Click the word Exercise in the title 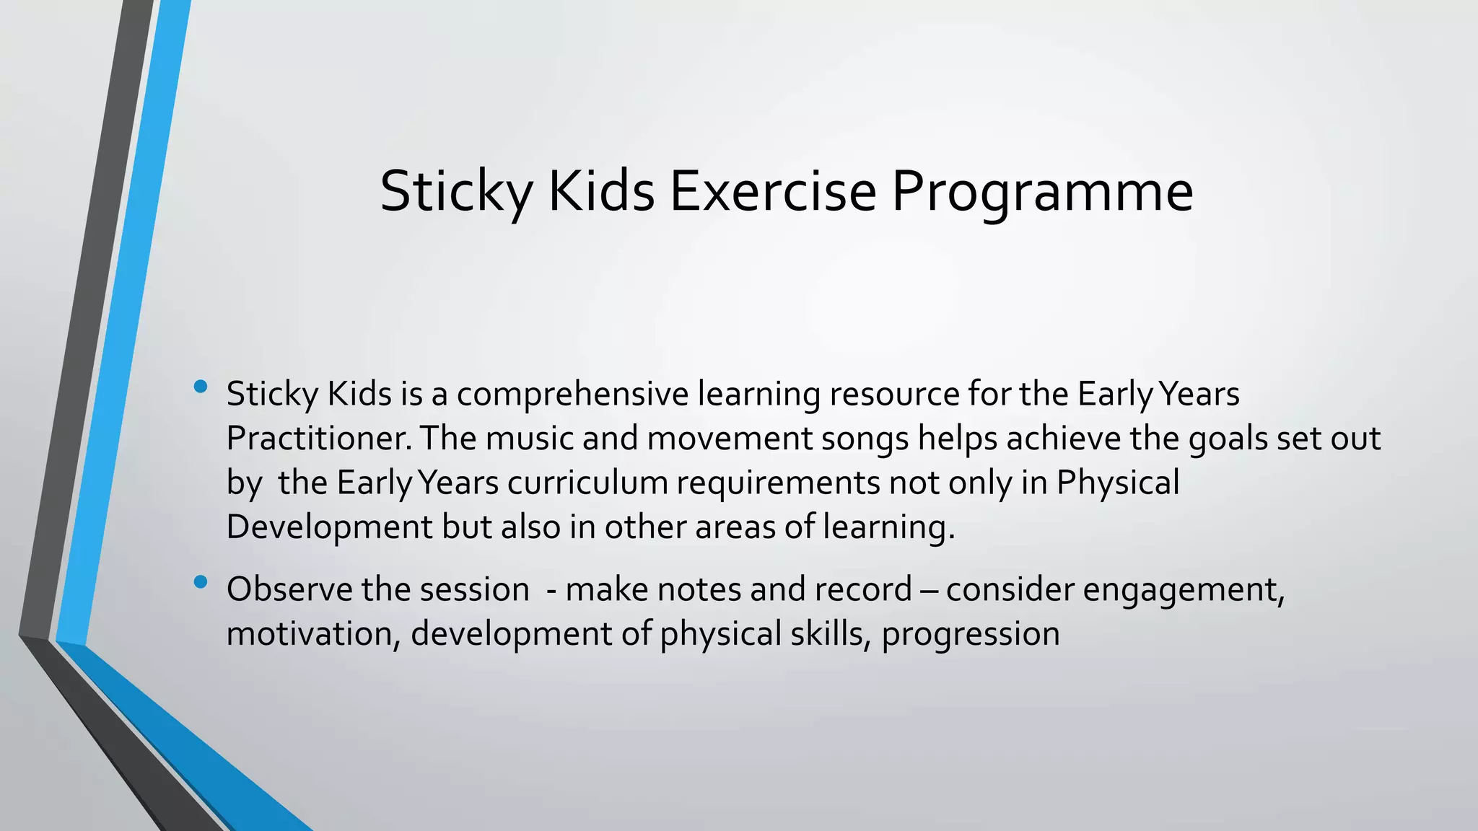(x=773, y=192)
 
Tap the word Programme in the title (x=1042, y=192)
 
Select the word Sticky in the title (x=456, y=192)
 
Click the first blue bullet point (x=201, y=387)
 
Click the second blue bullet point (x=201, y=581)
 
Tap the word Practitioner (x=318, y=439)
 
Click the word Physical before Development (x=1118, y=483)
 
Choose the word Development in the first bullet (x=328, y=527)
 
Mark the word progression (x=971, y=634)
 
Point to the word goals (x=1228, y=439)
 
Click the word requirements (x=778, y=483)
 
